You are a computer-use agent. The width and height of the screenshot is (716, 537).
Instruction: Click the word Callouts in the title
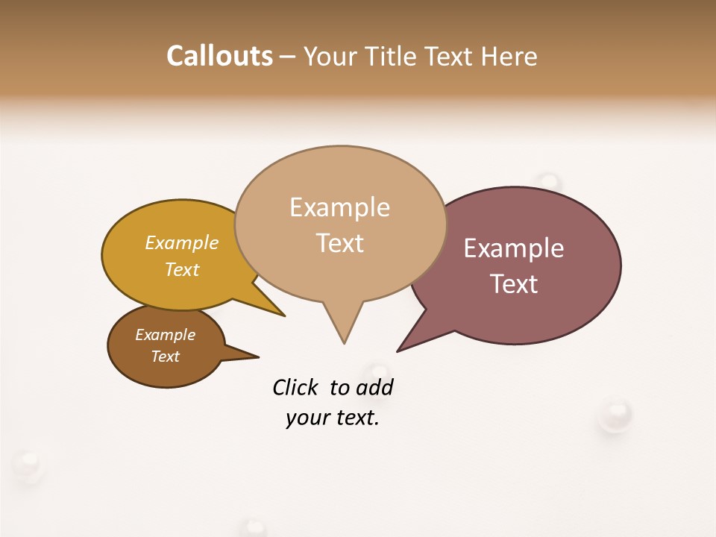point(219,56)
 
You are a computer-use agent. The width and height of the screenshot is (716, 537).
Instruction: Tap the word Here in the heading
point(510,57)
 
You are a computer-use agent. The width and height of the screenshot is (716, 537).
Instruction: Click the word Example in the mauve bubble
point(514,248)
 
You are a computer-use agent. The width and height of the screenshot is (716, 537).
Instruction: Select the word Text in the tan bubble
point(340,243)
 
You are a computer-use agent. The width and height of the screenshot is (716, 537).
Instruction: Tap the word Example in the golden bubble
point(182,243)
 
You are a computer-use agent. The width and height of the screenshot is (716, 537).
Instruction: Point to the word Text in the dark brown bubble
point(166,357)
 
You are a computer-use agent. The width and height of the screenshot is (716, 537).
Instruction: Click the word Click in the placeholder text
point(295,387)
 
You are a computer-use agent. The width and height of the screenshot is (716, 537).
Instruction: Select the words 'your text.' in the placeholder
point(333,418)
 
